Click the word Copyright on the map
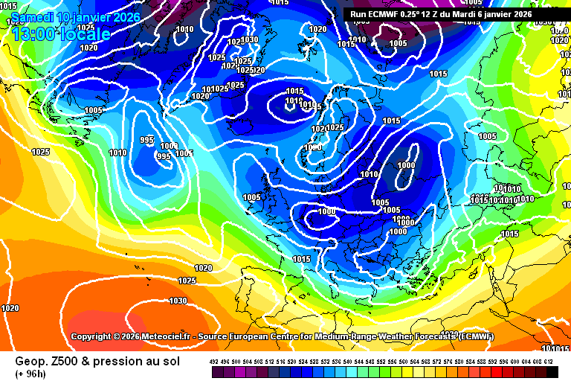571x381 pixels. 94,336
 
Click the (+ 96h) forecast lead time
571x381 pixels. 30,373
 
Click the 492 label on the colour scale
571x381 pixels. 215,361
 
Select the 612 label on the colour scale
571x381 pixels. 549,361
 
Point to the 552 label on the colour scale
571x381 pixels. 381,361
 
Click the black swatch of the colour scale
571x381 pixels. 552,371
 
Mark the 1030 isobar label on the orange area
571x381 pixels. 178,301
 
